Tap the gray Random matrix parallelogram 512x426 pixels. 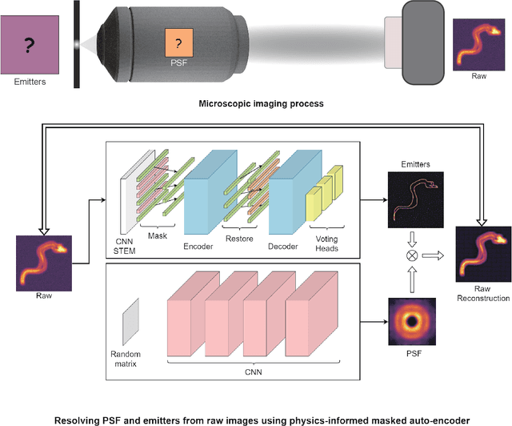(x=130, y=319)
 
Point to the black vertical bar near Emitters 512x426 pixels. (x=75, y=44)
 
